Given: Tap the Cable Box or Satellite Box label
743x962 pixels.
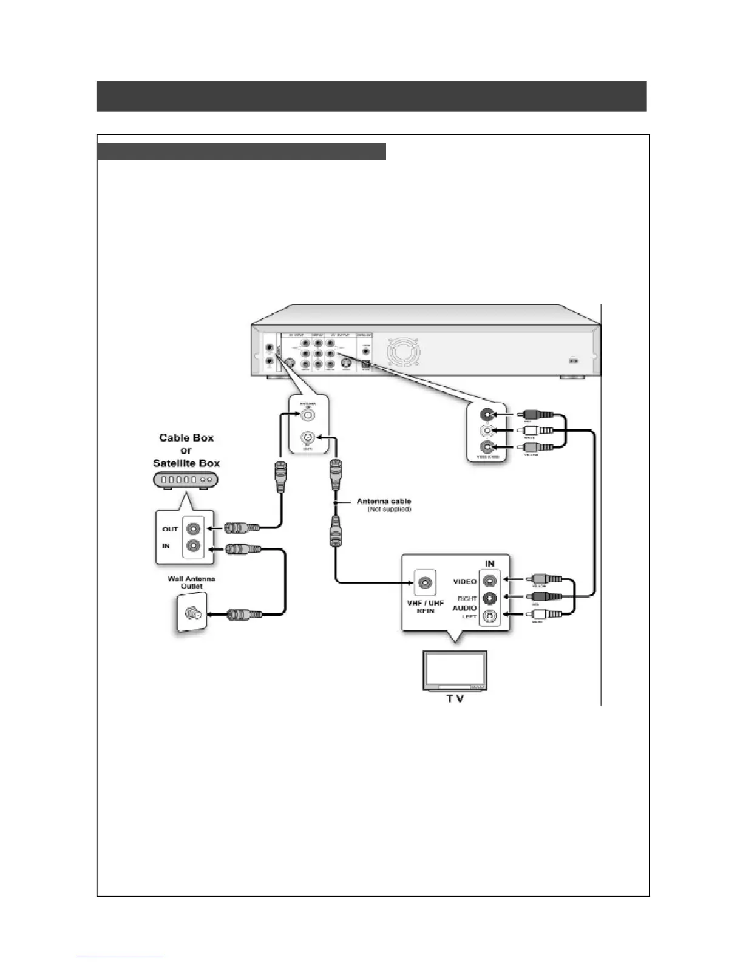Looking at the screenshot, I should [x=186, y=450].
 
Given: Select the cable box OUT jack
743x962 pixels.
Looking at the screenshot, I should [x=194, y=529].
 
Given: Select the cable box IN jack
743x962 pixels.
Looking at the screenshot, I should [x=194, y=545].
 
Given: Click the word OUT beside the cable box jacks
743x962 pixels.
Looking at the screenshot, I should [x=170, y=529].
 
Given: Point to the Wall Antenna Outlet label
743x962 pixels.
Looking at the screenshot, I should [x=191, y=582].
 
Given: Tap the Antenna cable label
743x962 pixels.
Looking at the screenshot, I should [x=384, y=501].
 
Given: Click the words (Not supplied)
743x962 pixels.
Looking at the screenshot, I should [x=389, y=509].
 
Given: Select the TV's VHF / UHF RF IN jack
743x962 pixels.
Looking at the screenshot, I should [x=425, y=582].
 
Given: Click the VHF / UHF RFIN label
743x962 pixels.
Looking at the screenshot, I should [x=425, y=607].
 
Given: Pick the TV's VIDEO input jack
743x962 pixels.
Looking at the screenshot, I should [x=490, y=581].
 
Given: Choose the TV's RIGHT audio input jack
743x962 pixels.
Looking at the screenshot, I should [x=490, y=598].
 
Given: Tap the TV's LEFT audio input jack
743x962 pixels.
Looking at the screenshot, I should [x=490, y=616].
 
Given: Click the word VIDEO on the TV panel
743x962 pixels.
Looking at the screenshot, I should [x=464, y=582].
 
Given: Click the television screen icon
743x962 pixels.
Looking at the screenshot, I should [x=455, y=670].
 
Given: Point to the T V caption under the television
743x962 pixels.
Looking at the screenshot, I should [x=455, y=699].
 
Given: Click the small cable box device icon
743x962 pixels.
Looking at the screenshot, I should [x=186, y=480].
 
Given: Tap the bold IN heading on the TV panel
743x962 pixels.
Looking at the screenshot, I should [x=490, y=564].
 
